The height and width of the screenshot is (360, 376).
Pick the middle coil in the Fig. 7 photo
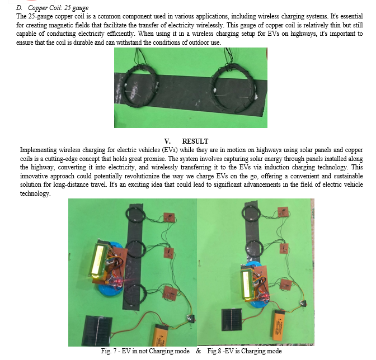click(x=137, y=248)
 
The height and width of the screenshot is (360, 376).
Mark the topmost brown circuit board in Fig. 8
click(x=285, y=211)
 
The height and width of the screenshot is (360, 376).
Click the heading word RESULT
click(x=195, y=141)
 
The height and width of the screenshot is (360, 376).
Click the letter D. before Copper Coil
click(x=21, y=8)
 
